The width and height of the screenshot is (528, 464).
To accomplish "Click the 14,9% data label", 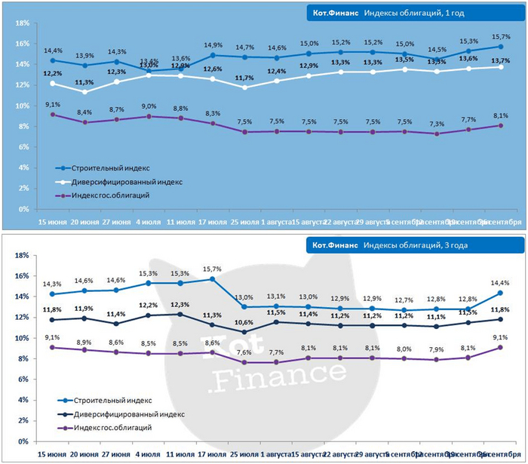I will pos(213,45).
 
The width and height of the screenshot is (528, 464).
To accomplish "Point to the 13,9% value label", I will pos(84,55).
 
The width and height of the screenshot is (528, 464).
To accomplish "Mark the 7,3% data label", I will pos(437,124).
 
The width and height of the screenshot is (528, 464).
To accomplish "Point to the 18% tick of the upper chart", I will pos(21,23).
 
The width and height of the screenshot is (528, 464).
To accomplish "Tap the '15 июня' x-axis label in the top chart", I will pos(52,223).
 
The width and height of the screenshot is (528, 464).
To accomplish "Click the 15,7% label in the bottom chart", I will pos(213,269).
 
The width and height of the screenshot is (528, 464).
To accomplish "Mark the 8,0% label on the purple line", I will pos(404,349).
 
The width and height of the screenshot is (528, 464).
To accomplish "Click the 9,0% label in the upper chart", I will pos(149,106).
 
